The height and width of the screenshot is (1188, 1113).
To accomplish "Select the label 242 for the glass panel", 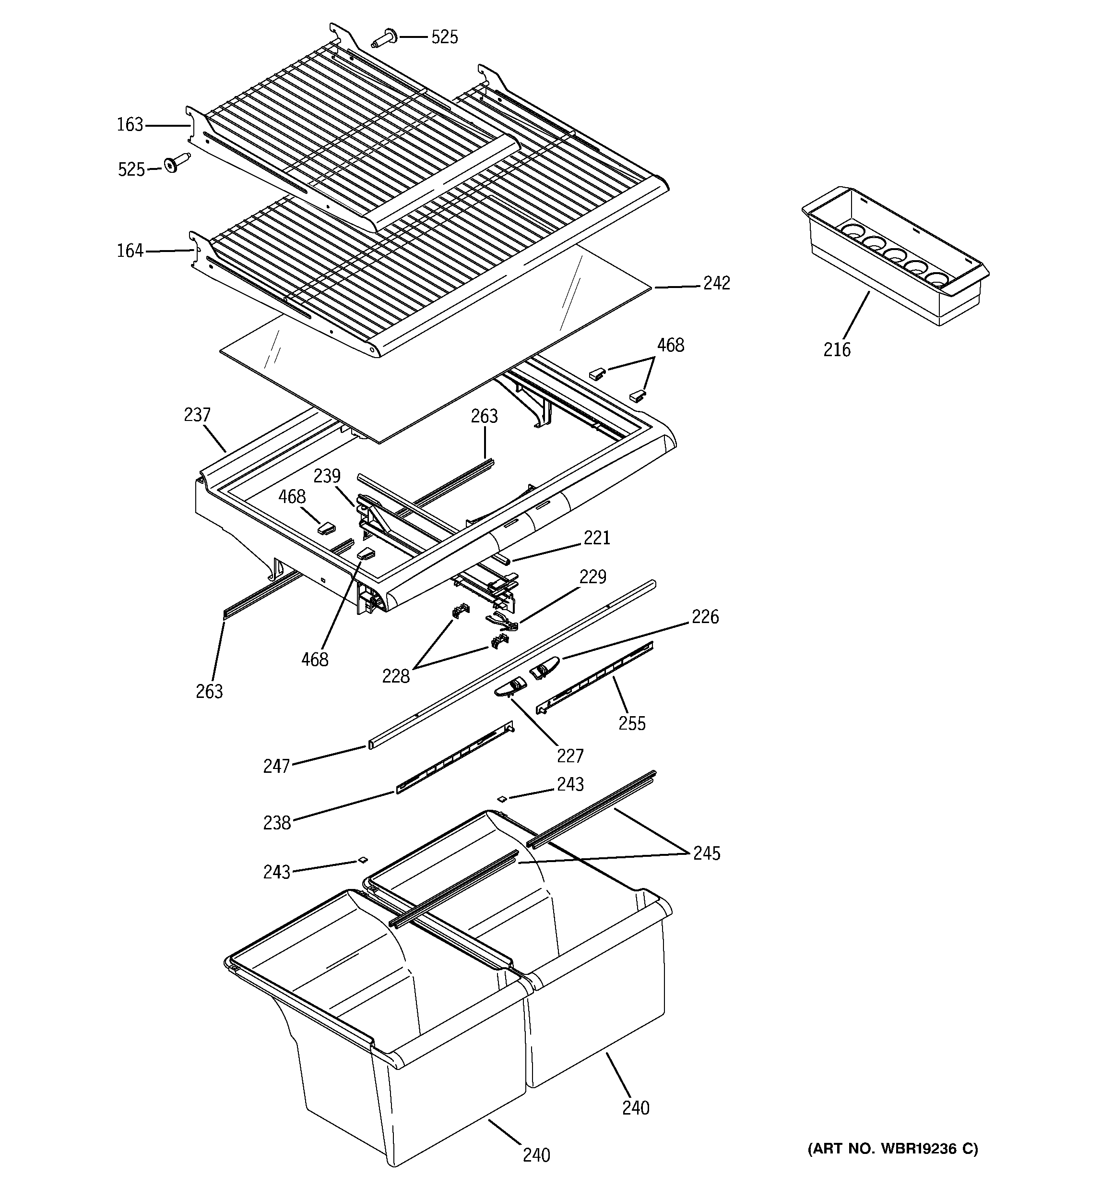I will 716,283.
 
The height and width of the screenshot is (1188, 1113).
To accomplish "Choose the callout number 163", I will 130,125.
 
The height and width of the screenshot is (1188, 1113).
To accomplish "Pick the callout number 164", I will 130,251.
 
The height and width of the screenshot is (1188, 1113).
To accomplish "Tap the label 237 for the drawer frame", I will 197,415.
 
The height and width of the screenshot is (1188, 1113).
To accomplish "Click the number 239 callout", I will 327,476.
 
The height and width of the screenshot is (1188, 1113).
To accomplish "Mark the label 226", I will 705,617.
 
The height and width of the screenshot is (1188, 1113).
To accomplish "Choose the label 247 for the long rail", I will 277,766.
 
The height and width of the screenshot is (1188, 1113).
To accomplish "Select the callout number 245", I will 707,853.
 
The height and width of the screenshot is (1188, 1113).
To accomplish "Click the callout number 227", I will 570,756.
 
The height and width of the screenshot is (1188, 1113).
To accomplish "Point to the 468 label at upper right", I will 670,346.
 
